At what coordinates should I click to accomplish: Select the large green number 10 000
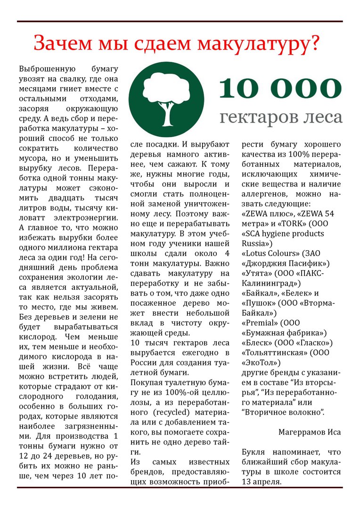coord(280,88)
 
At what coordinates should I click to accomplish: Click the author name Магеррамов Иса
coord(309,432)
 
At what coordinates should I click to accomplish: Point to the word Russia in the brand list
coord(255,243)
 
